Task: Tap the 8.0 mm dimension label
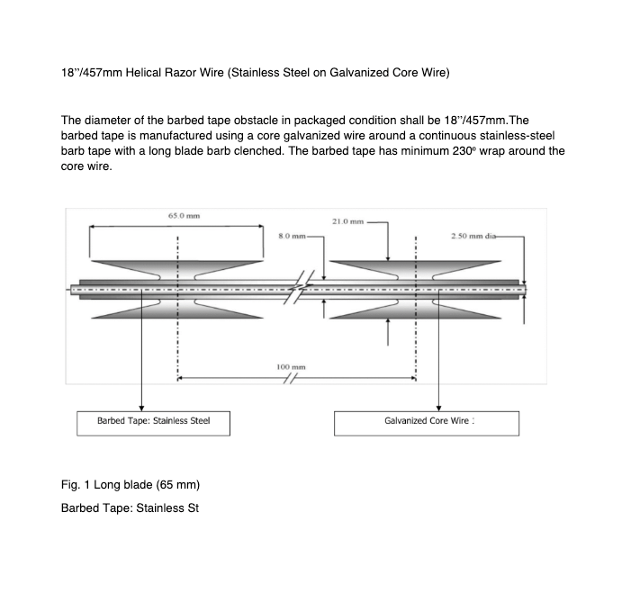click(x=289, y=237)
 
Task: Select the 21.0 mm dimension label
click(x=347, y=220)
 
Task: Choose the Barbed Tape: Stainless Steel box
click(x=153, y=421)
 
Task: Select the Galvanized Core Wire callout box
click(x=427, y=421)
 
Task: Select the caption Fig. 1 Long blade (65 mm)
click(x=123, y=485)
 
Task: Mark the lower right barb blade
click(x=415, y=307)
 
